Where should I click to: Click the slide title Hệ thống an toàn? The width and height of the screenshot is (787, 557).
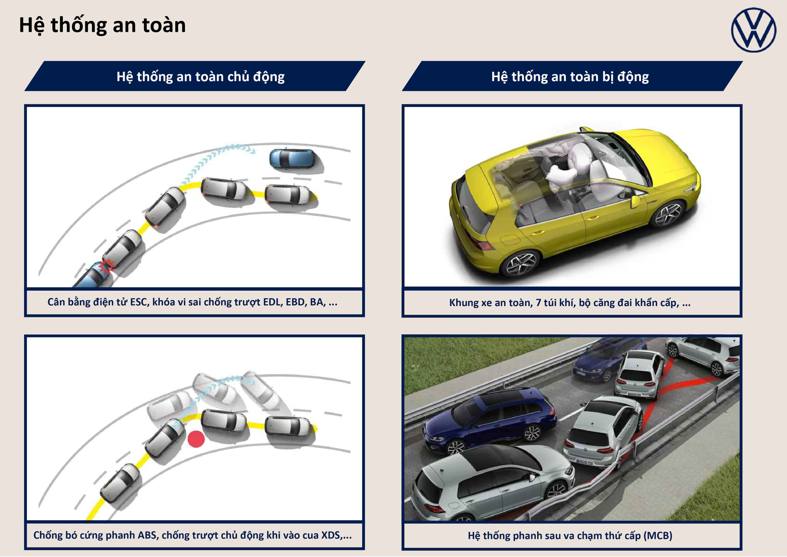coord(102,25)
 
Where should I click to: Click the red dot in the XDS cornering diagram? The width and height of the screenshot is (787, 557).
coord(196,439)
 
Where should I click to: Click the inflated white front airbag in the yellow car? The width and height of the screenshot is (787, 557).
coord(558,175)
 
